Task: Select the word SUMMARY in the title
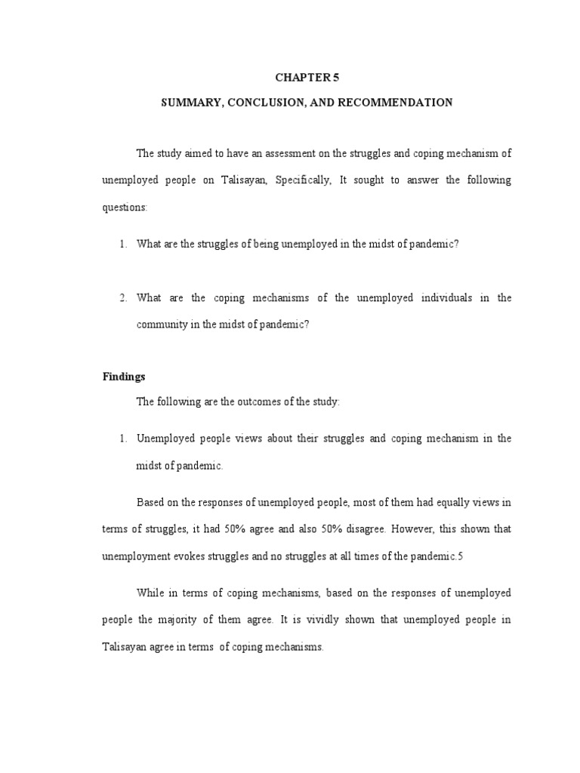coord(187,102)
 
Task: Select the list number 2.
coord(122,298)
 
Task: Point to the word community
coord(159,325)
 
